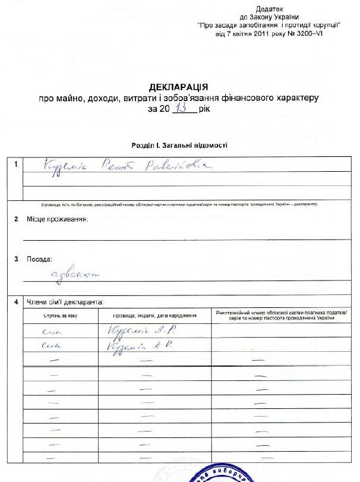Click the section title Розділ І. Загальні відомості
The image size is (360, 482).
tap(179, 146)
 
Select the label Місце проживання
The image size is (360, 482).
tap(57, 220)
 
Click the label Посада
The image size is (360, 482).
tap(39, 260)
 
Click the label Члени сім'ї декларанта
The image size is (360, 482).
tap(65, 303)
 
